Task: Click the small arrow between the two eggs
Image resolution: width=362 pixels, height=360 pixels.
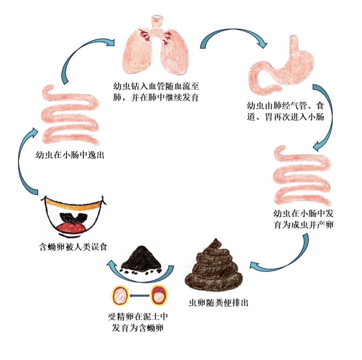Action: point(139,296)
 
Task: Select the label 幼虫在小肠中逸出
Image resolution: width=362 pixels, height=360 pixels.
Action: point(69,155)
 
